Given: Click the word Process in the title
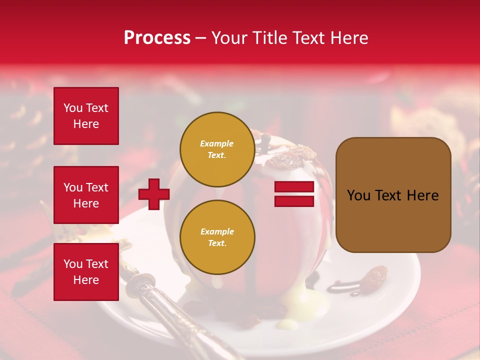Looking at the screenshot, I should (157, 38).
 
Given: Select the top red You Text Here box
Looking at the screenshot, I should (86, 116).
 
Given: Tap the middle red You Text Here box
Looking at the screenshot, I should (86, 195).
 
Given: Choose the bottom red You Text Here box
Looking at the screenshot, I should (86, 271).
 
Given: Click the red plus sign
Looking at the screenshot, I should (154, 194).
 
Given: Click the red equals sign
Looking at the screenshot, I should (294, 194).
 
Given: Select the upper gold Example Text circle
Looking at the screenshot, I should (217, 149).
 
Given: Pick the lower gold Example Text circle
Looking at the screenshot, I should (217, 237).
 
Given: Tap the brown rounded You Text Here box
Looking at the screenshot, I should (393, 195).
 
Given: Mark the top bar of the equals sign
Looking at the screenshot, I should (294, 187).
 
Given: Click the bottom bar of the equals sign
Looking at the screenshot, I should (294, 201).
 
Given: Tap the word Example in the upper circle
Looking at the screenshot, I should (217, 143).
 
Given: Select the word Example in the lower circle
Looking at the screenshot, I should (217, 231).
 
